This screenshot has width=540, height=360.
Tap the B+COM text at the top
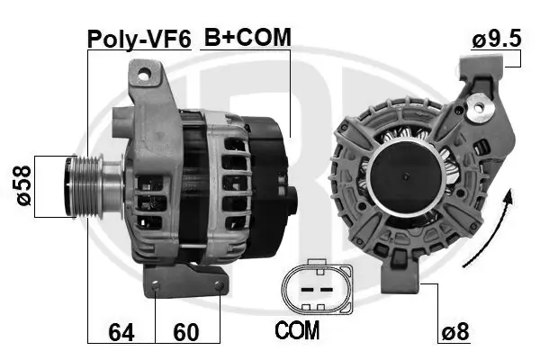(247, 37)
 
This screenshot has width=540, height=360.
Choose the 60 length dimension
(185, 332)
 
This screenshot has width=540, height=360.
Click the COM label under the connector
(297, 330)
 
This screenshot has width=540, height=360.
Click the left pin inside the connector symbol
(302, 290)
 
